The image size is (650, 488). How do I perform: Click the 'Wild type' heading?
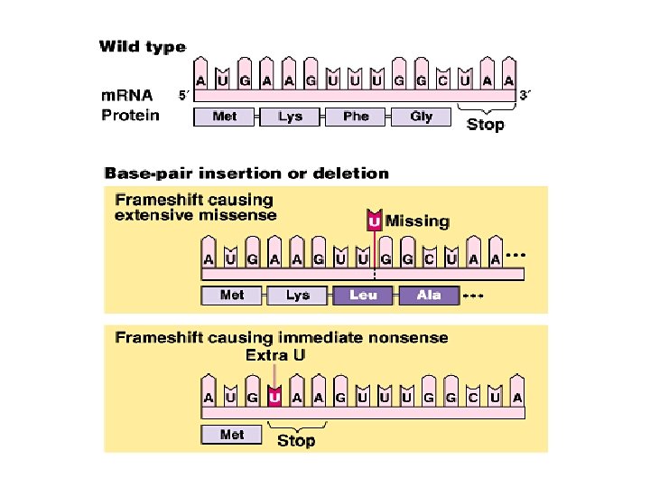pyautogui.click(x=142, y=47)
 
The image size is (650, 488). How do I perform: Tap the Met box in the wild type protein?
pyautogui.click(x=225, y=117)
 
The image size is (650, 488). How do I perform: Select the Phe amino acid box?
pyautogui.click(x=356, y=117)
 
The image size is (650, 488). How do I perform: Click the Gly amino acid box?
pyautogui.click(x=421, y=117)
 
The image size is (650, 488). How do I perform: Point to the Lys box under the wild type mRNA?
pyautogui.click(x=291, y=117)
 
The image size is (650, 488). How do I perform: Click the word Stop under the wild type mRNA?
pyautogui.click(x=485, y=125)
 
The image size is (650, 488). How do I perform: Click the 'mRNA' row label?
pyautogui.click(x=127, y=95)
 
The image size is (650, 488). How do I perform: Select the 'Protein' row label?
pyautogui.click(x=131, y=115)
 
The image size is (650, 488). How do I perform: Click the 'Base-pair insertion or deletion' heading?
pyautogui.click(x=246, y=172)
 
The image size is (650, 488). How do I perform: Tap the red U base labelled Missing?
pyautogui.click(x=374, y=221)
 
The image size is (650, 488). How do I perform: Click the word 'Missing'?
pyautogui.click(x=417, y=221)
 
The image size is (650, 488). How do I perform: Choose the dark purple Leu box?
pyautogui.click(x=363, y=296)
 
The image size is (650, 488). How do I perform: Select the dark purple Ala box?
pyautogui.click(x=429, y=296)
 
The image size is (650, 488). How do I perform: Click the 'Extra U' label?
pyautogui.click(x=275, y=355)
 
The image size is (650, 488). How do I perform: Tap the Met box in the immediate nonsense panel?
pyautogui.click(x=232, y=435)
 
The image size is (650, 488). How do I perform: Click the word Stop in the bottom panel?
pyautogui.click(x=296, y=441)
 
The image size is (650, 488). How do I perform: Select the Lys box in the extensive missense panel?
pyautogui.click(x=297, y=296)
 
